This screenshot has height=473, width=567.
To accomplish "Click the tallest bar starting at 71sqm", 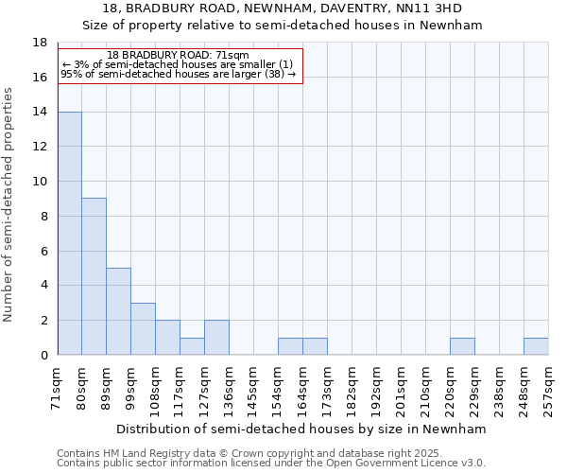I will click(70, 233).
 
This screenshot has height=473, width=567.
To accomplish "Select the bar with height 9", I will click(94, 276).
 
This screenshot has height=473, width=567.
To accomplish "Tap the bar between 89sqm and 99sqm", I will click(118, 311).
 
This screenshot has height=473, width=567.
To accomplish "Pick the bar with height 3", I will click(143, 328).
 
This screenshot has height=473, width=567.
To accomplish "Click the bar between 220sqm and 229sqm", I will click(462, 346).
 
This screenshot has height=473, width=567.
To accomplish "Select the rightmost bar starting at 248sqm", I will click(536, 346).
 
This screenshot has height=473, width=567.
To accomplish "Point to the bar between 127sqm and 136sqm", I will click(216, 338).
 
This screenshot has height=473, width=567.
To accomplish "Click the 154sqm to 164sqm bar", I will click(290, 346).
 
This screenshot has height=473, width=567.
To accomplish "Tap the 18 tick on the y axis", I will click(40, 43).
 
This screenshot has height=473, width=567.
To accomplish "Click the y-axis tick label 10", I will click(40, 182).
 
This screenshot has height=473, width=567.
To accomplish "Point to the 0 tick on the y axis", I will click(43, 355).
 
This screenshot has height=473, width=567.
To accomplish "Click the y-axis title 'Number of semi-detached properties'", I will click(9, 204).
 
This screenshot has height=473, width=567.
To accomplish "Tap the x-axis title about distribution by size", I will click(302, 429).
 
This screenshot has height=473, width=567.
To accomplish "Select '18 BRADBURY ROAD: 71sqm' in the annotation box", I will click(178, 56).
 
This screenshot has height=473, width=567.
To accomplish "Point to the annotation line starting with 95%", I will click(178, 74).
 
